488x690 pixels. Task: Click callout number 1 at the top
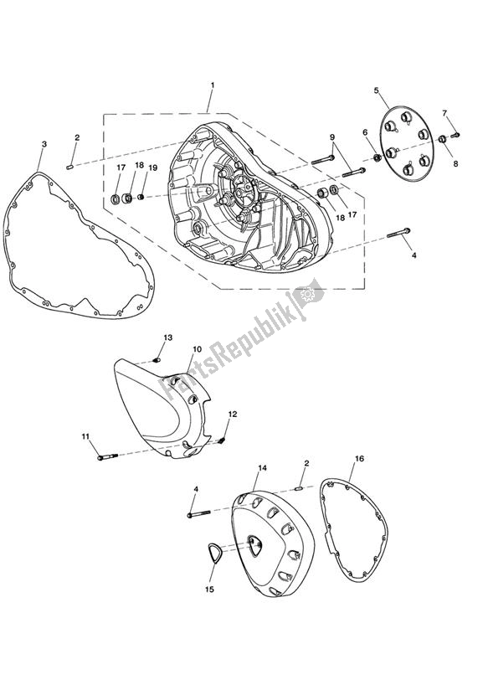[213, 85]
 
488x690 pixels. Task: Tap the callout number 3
[44, 145]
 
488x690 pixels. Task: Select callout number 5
[377, 90]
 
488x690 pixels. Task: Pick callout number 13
[167, 337]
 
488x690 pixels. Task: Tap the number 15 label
[211, 589]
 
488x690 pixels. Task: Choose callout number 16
[359, 459]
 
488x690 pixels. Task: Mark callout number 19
[152, 167]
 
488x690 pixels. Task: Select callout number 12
[233, 414]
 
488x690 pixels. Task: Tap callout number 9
[331, 137]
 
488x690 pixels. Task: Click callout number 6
[366, 132]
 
